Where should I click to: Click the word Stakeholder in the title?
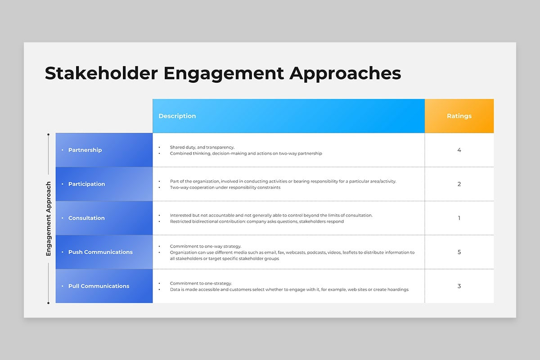(101, 73)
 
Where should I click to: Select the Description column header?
(177, 116)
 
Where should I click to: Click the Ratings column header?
(459, 116)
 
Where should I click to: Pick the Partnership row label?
(85, 150)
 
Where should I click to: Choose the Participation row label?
(86, 184)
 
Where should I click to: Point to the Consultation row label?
(86, 218)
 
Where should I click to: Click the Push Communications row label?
(100, 252)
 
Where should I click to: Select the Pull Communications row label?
(99, 286)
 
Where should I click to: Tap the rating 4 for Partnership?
(459, 150)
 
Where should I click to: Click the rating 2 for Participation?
(459, 184)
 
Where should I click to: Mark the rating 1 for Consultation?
(459, 218)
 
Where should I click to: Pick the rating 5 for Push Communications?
(459, 252)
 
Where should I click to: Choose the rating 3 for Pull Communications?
(459, 286)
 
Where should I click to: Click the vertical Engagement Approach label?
(49, 218)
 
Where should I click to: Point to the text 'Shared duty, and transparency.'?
(202, 147)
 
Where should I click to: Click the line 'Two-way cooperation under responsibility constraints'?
(225, 187)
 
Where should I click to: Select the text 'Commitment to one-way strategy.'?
(205, 246)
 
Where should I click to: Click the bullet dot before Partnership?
(63, 150)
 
